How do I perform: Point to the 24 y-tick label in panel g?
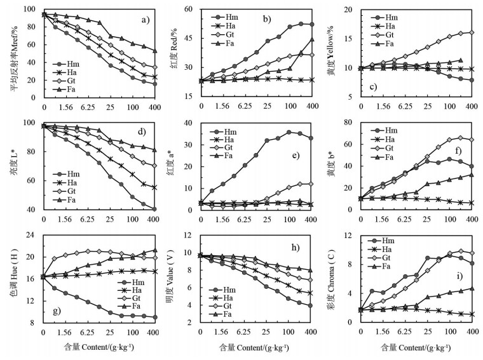[29, 236]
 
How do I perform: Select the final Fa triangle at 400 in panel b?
[311, 39]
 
